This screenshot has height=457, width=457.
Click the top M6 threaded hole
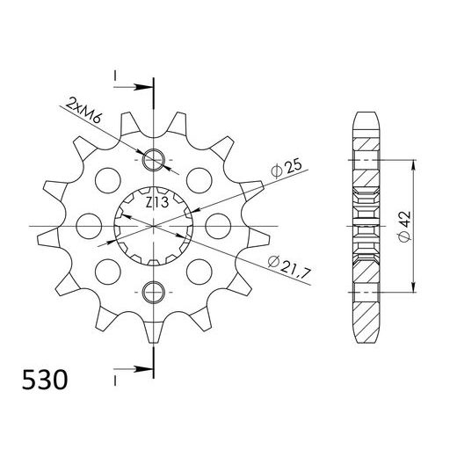(154, 161)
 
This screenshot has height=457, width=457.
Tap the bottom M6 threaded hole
(154, 291)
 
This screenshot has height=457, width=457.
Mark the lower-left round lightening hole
(109, 269)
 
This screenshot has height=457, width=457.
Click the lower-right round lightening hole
(199, 269)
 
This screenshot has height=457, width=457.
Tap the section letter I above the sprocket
(115, 76)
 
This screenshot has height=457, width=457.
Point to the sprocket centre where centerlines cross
(154, 226)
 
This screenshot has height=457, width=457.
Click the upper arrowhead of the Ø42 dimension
(414, 164)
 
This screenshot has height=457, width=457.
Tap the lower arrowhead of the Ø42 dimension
(414, 289)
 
